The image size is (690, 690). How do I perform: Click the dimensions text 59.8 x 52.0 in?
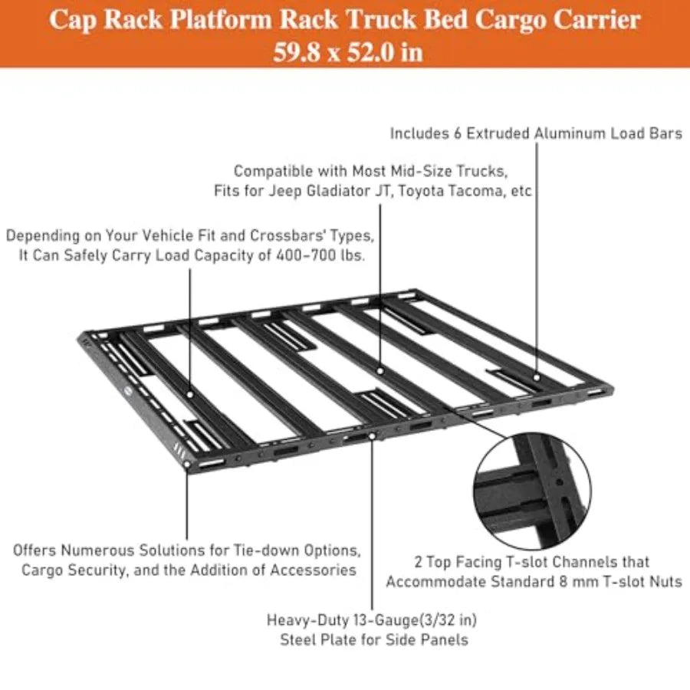tap(347, 52)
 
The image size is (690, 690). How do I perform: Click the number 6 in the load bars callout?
tap(458, 133)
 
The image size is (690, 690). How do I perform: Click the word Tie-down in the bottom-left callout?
tap(262, 550)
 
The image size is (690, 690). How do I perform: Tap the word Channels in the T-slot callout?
tap(580, 562)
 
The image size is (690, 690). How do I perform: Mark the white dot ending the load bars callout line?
tap(537, 377)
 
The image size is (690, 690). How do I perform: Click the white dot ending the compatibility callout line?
tap(380, 371)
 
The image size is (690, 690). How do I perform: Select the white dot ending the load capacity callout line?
tap(189, 394)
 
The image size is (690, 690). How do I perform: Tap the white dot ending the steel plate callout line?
tap(373, 436)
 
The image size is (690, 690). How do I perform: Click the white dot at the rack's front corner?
tap(187, 465)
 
